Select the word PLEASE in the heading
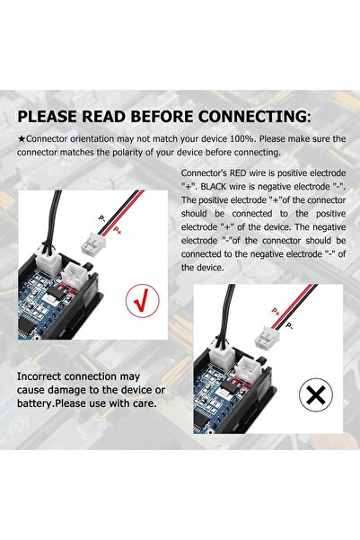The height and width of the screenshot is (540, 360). tap(47, 117)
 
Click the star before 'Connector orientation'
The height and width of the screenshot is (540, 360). tap(22, 139)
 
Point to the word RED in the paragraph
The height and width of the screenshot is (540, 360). tap(238, 173)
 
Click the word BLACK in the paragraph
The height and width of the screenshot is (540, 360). tap(214, 186)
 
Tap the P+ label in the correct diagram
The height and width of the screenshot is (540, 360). tap(117, 230)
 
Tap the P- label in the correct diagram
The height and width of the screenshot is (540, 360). tap(102, 218)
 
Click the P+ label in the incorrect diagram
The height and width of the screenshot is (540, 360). tap(276, 311)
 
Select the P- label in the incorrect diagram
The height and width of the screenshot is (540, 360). tap(290, 325)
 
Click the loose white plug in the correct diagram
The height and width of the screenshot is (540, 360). tap(93, 243)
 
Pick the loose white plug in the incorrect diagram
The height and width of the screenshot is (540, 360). tap(267, 337)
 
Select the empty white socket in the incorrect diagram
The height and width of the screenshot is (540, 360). tap(250, 369)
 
